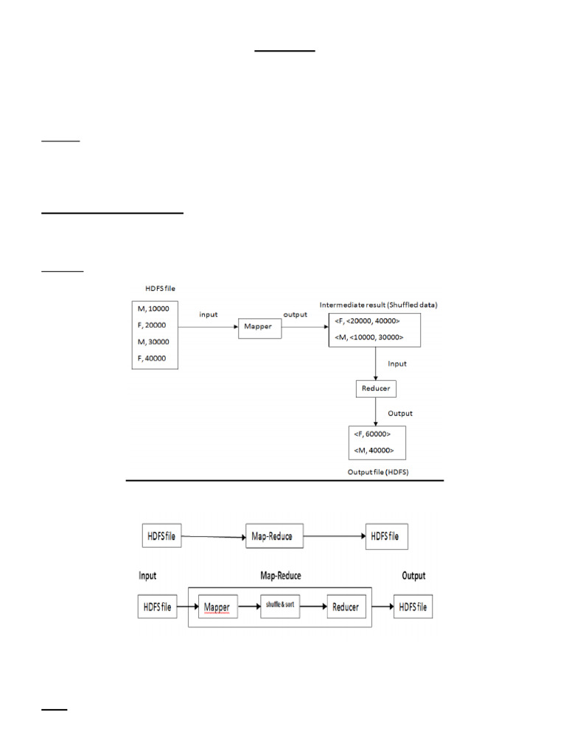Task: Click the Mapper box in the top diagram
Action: coord(260,328)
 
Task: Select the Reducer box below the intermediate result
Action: coord(376,388)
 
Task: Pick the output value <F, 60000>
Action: coord(372,434)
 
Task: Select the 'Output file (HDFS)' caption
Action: coord(377,471)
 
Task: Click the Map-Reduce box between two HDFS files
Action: coord(274,536)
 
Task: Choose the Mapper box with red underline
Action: coord(217,607)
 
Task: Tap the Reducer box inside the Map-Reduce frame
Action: coord(346,607)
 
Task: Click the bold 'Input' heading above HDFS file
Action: coord(147,576)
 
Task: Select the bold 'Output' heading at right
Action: coord(413,576)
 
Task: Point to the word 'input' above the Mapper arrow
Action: coord(209,314)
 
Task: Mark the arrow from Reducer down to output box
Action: coord(376,410)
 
